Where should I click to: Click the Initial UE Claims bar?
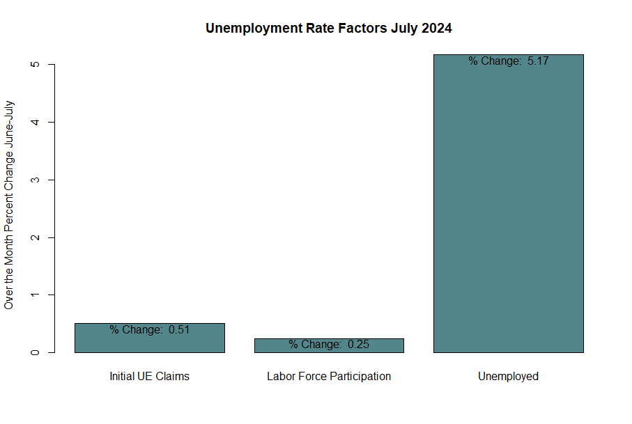150,338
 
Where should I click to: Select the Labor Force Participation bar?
329,345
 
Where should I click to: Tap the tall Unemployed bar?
509,203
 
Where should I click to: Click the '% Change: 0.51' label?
150,330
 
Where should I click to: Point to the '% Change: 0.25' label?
329,344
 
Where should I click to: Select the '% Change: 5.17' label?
509,61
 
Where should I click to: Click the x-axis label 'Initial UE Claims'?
150,376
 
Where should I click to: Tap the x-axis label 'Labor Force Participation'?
329,376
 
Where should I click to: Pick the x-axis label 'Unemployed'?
508,376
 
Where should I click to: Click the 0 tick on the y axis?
35,352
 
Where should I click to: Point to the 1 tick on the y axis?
35,295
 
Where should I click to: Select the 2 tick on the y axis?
35,237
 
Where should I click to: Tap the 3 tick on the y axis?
35,180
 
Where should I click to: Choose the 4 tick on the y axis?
35,122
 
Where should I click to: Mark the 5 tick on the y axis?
35,65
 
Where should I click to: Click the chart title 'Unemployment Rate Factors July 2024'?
329,28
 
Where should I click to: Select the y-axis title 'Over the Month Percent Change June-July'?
9,205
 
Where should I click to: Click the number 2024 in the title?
436,28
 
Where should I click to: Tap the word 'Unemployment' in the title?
254,29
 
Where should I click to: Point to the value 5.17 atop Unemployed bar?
538,61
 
